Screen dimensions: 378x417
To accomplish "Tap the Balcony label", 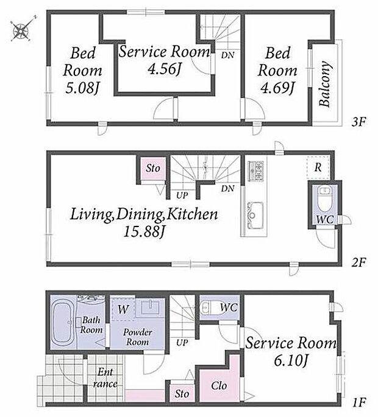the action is tap(325, 84).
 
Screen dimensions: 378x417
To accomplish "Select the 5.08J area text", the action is tap(82, 88).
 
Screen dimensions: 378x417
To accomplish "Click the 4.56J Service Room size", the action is tap(165, 69).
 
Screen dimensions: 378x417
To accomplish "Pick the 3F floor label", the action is tap(358, 122).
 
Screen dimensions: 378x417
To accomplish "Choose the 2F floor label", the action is tap(358, 262).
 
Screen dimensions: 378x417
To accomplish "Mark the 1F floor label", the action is tap(359, 402).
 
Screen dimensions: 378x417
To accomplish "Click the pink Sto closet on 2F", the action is tap(153, 169).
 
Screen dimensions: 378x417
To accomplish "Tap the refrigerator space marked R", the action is tap(318, 167).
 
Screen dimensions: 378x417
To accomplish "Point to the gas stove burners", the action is tap(255, 170).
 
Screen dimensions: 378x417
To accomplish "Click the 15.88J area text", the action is tap(143, 232).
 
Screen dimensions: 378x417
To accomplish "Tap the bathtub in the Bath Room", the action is tap(63, 321).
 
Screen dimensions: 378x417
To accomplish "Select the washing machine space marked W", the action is tap(123, 309).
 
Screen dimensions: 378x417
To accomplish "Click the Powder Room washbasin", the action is tap(151, 307).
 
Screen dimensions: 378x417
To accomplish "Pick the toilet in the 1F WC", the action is tap(210, 307).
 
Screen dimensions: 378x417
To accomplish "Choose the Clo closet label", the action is tap(219, 385).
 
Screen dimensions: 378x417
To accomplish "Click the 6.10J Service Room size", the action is tap(291, 361).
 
